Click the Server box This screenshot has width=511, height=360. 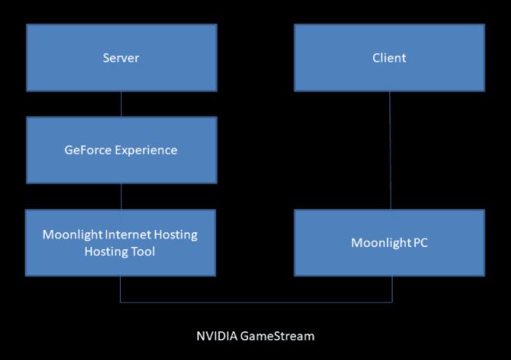pyautogui.click(x=121, y=58)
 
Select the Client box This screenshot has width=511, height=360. pyautogui.click(x=389, y=58)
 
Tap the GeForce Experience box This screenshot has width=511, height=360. pyautogui.click(x=121, y=150)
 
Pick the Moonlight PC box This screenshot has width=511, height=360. pyautogui.click(x=389, y=243)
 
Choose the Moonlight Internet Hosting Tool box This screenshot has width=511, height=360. pyautogui.click(x=121, y=243)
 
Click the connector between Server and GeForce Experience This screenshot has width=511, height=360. pyautogui.click(x=121, y=104)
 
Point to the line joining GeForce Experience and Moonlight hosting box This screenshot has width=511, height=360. pyautogui.click(x=121, y=197)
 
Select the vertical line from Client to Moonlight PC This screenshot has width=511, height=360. pyautogui.click(x=390, y=150)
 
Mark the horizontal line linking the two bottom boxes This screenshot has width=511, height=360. pyautogui.click(x=256, y=301)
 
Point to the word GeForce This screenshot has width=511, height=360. pyautogui.click(x=87, y=150)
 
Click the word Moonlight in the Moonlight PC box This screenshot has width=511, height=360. pyautogui.click(x=379, y=243)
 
